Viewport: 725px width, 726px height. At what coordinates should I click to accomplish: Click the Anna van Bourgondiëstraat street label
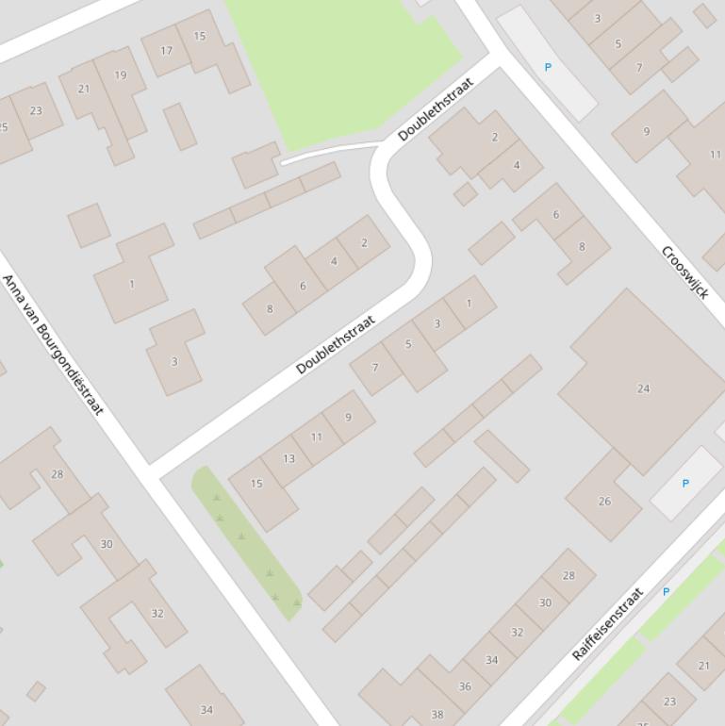click(x=52, y=344)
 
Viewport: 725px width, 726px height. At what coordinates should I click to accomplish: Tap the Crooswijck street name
click(x=685, y=272)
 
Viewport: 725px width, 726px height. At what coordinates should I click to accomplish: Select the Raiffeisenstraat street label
click(x=608, y=624)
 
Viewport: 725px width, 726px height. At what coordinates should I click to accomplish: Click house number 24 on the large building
click(x=644, y=388)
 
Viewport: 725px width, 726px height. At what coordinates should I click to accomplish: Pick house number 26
click(x=604, y=502)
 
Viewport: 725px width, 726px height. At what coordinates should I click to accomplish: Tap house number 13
click(x=288, y=459)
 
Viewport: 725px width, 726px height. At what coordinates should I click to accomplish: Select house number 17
click(x=167, y=51)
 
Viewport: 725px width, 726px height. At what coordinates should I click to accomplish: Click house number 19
click(x=121, y=75)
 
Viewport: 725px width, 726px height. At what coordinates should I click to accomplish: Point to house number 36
click(x=465, y=686)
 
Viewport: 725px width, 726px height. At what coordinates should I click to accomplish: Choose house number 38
click(x=437, y=715)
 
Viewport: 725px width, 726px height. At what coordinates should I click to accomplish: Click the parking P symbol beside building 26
click(x=685, y=484)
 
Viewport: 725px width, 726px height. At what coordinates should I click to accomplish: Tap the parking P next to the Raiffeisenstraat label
click(x=666, y=592)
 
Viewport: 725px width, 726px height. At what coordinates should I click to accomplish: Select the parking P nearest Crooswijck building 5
click(x=548, y=68)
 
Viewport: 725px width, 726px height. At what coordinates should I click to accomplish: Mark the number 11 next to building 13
click(x=317, y=437)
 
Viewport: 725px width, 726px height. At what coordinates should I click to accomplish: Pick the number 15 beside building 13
click(x=256, y=484)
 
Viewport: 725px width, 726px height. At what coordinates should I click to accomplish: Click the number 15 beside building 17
click(x=200, y=37)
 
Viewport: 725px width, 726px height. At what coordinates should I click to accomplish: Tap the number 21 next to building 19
click(x=84, y=90)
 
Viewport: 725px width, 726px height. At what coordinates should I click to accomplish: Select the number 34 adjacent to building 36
click(x=491, y=660)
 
